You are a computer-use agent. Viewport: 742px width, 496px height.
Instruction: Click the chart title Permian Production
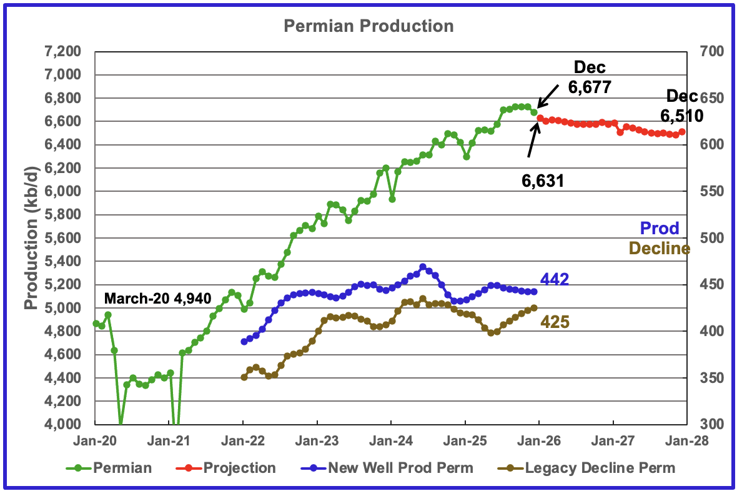(x=368, y=26)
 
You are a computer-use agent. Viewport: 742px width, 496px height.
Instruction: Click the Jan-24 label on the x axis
(x=390, y=440)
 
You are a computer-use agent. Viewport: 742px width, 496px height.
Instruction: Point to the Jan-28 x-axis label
(x=686, y=440)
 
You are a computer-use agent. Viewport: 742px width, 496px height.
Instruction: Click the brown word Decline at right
(x=659, y=249)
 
